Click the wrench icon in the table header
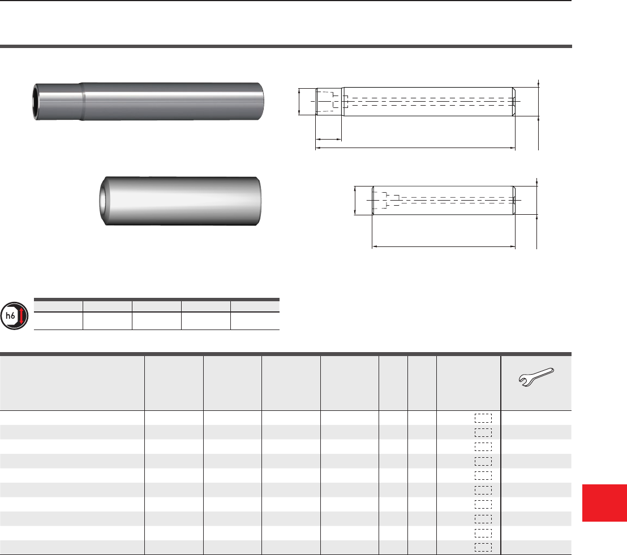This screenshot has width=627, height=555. point(536,378)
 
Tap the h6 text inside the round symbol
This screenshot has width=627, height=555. point(10,316)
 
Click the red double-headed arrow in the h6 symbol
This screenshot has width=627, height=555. point(22,316)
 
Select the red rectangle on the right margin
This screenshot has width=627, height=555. point(604,502)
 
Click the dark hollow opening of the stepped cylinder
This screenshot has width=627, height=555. point(36,101)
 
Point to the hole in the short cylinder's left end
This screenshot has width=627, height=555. point(103,201)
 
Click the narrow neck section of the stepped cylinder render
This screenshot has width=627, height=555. point(58,101)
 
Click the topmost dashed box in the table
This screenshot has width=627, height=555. point(483,418)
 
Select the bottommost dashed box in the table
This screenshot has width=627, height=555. point(483,548)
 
